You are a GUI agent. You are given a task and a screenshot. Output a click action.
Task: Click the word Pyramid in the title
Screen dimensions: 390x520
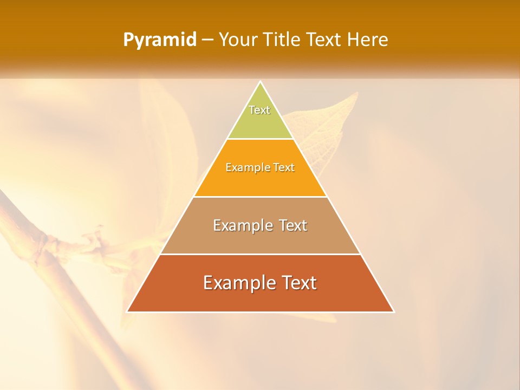pyautogui.click(x=159, y=40)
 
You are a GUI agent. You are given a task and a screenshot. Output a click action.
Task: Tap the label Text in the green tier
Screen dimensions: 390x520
pyautogui.click(x=259, y=110)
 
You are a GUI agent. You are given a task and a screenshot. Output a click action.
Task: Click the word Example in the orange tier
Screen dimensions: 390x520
pyautogui.click(x=243, y=167)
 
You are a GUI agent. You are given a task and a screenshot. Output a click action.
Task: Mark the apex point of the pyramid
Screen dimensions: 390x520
pyautogui.click(x=260, y=82)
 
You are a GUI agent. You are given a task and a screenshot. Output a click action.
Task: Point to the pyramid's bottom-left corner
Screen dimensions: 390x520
pyautogui.click(x=127, y=311)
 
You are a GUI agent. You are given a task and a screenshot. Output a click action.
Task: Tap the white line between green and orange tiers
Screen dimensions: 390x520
pyautogui.click(x=260, y=139)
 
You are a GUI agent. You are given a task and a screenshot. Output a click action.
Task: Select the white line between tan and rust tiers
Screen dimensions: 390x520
pyautogui.click(x=260, y=254)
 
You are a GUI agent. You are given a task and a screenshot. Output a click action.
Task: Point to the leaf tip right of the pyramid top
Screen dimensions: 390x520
pyautogui.click(x=357, y=93)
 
